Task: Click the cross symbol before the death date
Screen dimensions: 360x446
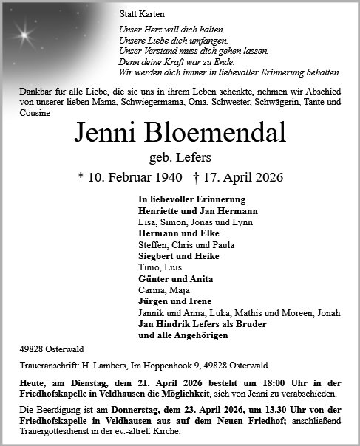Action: pyautogui.click(x=195, y=178)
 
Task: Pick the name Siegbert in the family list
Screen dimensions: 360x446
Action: pyautogui.click(x=157, y=256)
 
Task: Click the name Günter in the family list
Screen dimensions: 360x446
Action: pyautogui.click(x=154, y=279)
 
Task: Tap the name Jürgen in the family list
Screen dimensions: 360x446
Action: pyautogui.click(x=153, y=301)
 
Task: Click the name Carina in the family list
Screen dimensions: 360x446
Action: pyautogui.click(x=151, y=290)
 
